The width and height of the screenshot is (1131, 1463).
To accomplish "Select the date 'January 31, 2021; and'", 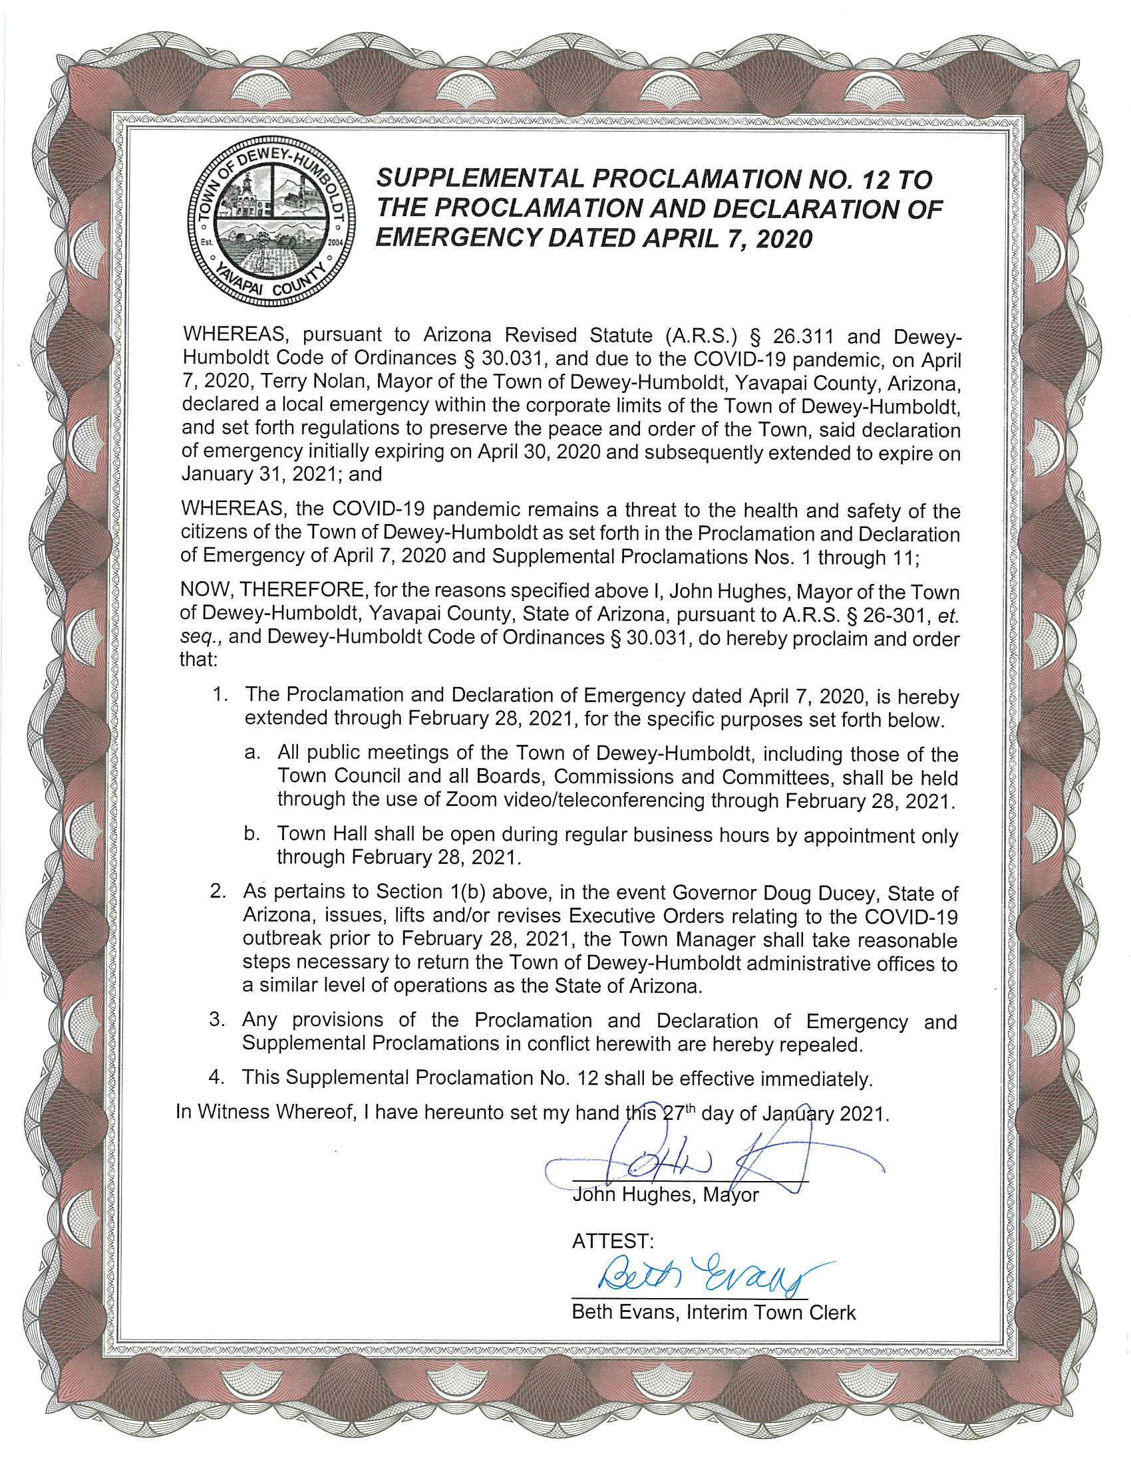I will click(x=281, y=475).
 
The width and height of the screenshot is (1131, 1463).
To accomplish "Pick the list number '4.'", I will click(x=216, y=1078).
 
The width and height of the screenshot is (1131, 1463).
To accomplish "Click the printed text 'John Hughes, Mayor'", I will click(x=665, y=1196).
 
